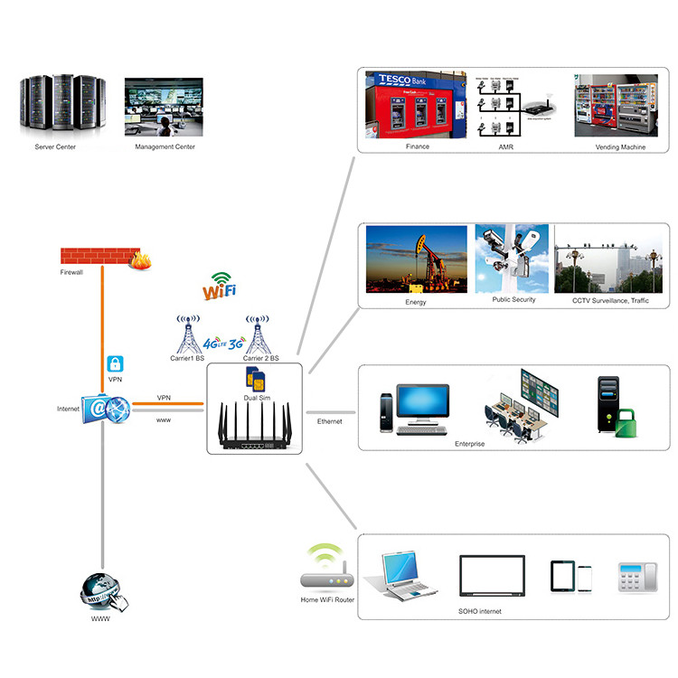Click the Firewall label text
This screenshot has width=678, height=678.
71,271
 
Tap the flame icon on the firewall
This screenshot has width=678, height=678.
139,260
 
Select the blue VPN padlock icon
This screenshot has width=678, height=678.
115,363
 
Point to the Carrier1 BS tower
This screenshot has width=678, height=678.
188,334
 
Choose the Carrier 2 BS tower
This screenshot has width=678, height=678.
259,334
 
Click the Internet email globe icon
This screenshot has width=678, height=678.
105,410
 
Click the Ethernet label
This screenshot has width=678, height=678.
329,421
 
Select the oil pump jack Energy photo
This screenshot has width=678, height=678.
419,259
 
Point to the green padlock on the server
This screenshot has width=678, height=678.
623,423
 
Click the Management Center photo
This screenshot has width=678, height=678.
164,108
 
